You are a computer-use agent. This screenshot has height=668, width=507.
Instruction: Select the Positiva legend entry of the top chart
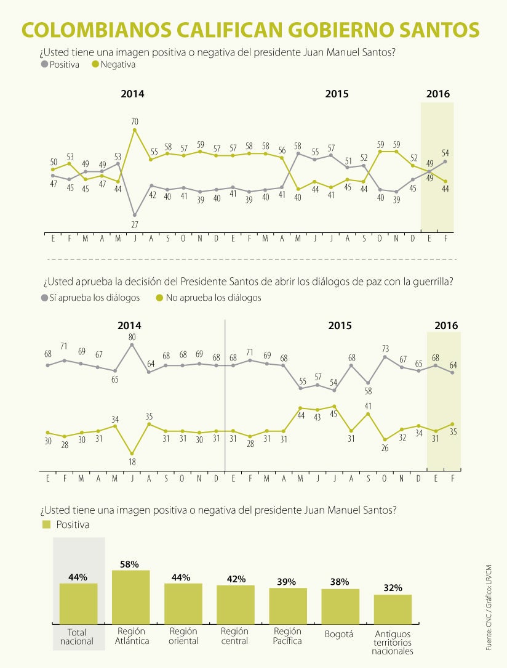tap(60, 64)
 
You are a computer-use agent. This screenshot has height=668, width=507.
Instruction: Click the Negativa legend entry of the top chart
tap(114, 64)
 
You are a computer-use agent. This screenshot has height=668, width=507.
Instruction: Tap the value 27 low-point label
tap(135, 225)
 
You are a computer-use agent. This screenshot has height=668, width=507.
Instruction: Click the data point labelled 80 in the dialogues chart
tap(132, 345)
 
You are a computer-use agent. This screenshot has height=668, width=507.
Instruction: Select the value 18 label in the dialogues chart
tap(132, 462)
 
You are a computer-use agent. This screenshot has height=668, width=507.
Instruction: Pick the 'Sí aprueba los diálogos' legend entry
tap(90, 298)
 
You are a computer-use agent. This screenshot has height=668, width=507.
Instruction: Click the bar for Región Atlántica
tap(130, 597)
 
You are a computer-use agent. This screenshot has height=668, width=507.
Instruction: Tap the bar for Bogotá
tap(340, 606)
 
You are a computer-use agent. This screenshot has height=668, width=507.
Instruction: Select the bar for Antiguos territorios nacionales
tap(393, 609)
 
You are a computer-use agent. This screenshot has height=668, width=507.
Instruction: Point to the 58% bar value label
tap(130, 564)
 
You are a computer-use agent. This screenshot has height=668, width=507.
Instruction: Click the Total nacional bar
tap(78, 604)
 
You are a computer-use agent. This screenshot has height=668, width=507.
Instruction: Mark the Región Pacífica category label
tap(287, 636)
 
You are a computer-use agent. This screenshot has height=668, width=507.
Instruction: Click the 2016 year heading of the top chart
tap(437, 94)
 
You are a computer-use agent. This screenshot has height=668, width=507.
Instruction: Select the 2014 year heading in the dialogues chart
tap(129, 325)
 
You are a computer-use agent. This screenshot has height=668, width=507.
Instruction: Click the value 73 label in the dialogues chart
tap(385, 349)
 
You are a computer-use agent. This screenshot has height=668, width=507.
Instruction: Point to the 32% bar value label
tap(393, 588)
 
